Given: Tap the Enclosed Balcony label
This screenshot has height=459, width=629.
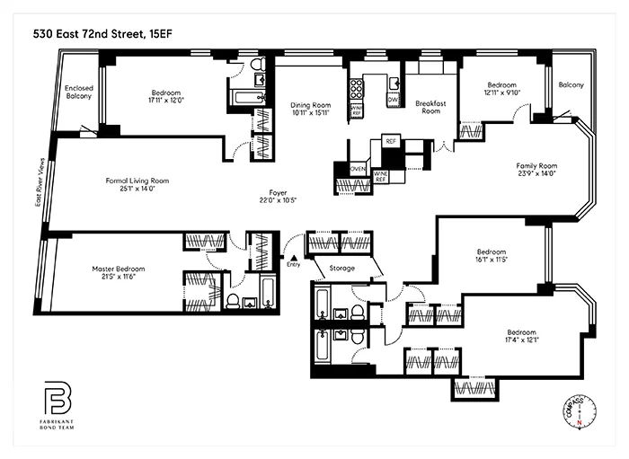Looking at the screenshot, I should (80, 93).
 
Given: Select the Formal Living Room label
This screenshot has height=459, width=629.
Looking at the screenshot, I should (137, 181).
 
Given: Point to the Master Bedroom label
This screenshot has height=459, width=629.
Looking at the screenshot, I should (118, 269).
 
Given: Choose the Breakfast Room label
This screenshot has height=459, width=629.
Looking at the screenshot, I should (431, 108).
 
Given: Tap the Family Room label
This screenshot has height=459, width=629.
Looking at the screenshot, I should (536, 166).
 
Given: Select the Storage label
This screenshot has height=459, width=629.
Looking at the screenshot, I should (341, 268).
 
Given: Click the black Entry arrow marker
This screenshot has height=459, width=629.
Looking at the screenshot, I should (293, 257).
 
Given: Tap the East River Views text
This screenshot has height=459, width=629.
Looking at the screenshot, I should (39, 190).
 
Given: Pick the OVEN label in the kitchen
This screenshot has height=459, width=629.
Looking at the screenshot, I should (357, 169).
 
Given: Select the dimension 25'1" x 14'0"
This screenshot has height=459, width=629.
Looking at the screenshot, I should (137, 190).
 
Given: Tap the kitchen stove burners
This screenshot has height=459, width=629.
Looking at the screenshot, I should (356, 88).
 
